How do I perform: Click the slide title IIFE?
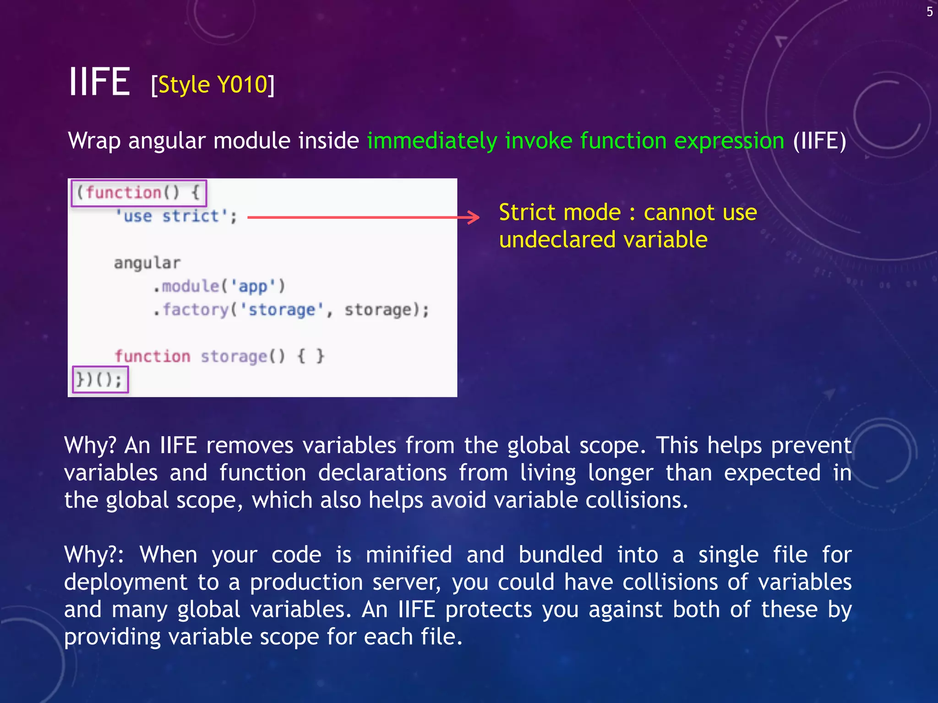[x=99, y=82]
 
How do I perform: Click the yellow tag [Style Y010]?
[x=213, y=85]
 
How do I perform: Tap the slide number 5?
[x=929, y=12]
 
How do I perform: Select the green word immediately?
[x=432, y=141]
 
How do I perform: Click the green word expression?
[x=729, y=141]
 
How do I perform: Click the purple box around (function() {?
[x=139, y=193]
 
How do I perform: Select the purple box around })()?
[x=100, y=379]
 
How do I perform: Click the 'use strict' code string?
[x=176, y=216]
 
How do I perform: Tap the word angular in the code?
[x=147, y=263]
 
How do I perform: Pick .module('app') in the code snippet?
[x=219, y=287]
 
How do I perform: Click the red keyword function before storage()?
[x=153, y=356]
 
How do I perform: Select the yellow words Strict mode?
[x=560, y=212]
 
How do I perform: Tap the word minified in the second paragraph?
[x=409, y=555]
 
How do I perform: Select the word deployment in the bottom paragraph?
[x=126, y=582]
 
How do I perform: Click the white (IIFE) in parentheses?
[x=819, y=141]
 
